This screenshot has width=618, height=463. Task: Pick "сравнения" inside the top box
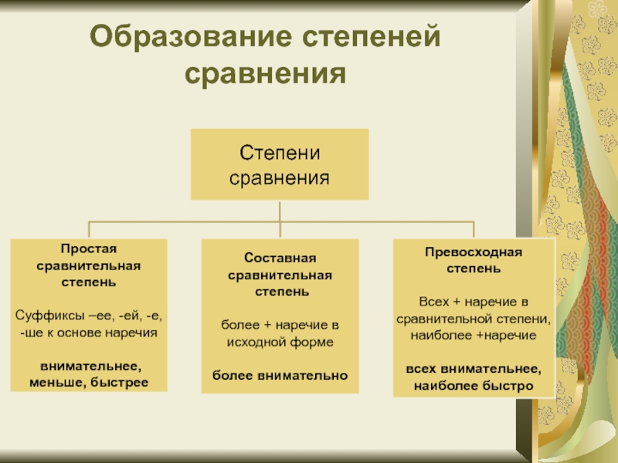tap(280, 177)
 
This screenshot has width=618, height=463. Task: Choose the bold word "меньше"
tap(56, 383)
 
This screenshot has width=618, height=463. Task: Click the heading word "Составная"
tap(280, 258)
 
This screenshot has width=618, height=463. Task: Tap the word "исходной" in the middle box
tap(260, 341)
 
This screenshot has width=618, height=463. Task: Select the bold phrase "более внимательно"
tap(280, 376)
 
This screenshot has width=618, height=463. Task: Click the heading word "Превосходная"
tap(474, 252)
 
